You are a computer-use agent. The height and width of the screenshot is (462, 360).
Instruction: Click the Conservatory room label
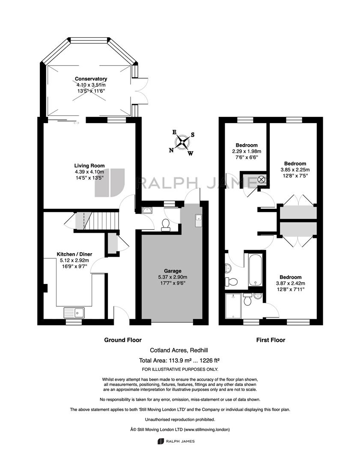[x=91, y=79]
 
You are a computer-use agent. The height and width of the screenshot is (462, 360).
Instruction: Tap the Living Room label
[x=89, y=166]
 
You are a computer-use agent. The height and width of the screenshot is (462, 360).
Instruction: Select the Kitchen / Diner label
[x=74, y=254]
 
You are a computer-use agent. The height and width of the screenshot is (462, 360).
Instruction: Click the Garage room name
[x=173, y=271]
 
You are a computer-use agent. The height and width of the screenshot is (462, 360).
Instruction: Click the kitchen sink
[x=74, y=313]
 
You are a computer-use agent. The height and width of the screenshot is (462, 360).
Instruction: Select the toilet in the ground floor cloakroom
[x=165, y=225]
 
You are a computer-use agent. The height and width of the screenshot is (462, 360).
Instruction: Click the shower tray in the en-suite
[x=233, y=305]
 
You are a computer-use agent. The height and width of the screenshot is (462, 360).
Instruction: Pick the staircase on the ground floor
[x=97, y=220]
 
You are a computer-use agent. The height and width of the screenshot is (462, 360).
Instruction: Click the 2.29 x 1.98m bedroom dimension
[x=247, y=151]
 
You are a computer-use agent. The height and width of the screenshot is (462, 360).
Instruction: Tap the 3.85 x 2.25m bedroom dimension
[x=295, y=170]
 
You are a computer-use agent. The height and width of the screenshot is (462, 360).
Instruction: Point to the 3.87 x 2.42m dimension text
[x=290, y=283]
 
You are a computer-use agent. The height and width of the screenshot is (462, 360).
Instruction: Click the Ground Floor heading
[x=123, y=340]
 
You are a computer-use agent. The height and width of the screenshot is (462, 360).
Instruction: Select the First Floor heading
[x=271, y=340]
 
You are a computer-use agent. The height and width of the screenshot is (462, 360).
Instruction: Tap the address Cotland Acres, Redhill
[x=179, y=350]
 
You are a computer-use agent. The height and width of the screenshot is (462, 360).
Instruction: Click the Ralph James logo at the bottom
[x=176, y=441]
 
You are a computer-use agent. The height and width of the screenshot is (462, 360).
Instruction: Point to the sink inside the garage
[x=198, y=220]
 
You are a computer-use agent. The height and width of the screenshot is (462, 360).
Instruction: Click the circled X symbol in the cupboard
[x=262, y=179]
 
